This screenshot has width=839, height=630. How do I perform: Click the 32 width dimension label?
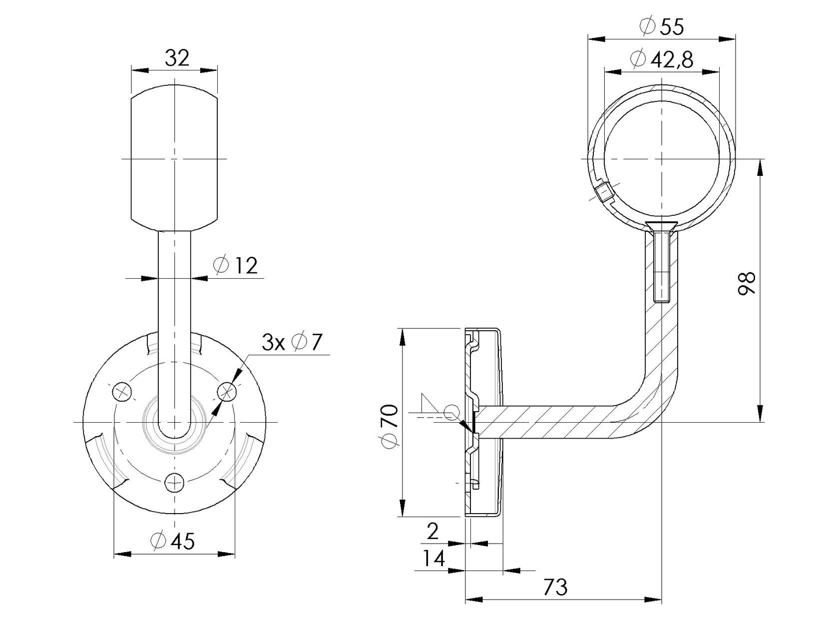click(x=177, y=58)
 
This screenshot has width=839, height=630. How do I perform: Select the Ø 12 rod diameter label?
click(x=235, y=265)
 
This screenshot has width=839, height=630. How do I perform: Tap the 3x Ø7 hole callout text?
click(x=292, y=343)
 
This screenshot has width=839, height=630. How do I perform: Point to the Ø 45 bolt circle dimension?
click(x=172, y=541)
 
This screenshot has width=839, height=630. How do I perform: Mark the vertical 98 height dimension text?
click(x=748, y=284)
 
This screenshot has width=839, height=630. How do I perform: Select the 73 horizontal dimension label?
click(x=555, y=588)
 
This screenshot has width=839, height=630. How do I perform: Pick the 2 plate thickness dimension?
click(x=432, y=532)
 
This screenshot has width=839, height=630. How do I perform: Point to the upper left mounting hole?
click(x=121, y=391)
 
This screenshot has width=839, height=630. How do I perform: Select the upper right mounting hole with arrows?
click(x=227, y=391)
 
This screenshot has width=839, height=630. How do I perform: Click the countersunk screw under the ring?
click(x=661, y=260)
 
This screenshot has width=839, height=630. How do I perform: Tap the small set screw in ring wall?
click(x=604, y=192)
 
